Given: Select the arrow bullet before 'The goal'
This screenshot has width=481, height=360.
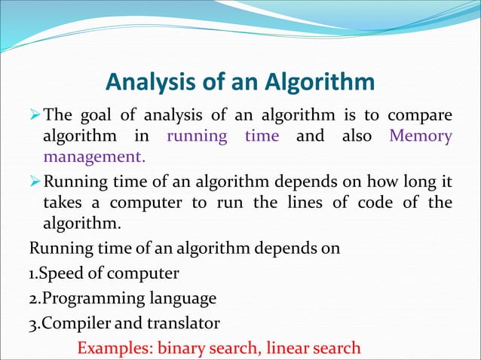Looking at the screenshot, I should (35, 116).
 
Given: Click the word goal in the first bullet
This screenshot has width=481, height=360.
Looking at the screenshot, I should (98, 115).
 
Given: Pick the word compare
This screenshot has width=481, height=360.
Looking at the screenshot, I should (419, 115).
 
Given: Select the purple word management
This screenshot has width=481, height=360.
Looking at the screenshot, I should (92, 158).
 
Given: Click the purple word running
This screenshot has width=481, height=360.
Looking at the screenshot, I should (198, 136).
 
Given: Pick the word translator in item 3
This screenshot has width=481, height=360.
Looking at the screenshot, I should (185, 324).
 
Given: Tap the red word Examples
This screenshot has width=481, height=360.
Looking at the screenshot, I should (115, 349).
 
